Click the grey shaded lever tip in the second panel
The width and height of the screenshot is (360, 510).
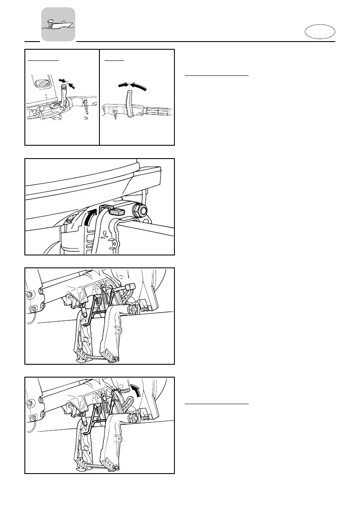tap(116, 211)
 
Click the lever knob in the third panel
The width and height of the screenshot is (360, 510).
tap(131, 286)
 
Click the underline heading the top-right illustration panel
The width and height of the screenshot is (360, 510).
tap(114, 60)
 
